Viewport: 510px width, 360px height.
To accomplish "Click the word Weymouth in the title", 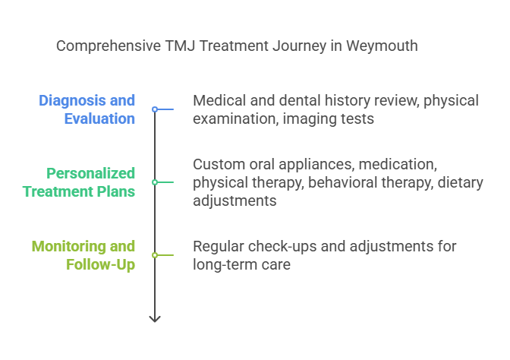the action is tap(382, 46).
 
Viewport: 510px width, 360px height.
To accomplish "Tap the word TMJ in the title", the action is tap(180, 46).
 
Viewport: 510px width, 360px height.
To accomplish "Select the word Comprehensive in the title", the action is tap(109, 46).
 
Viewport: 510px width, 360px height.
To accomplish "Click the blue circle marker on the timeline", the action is tap(155, 109).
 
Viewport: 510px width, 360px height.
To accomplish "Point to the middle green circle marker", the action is tap(155, 182).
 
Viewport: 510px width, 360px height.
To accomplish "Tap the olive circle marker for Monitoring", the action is tap(155, 255).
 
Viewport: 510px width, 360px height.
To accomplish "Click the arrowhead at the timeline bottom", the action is tap(155, 319).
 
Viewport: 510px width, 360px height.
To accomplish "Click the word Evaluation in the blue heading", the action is tap(99, 118).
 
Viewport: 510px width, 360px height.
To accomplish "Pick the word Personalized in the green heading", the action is tap(90, 173).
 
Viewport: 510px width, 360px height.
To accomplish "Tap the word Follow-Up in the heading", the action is tap(100, 264).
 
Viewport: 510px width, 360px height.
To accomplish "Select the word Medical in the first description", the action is tap(219, 100).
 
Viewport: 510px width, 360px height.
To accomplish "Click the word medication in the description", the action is tap(398, 164).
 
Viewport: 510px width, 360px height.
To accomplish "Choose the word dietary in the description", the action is tap(460, 182).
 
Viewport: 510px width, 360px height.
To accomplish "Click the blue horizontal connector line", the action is tap(165, 109).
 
